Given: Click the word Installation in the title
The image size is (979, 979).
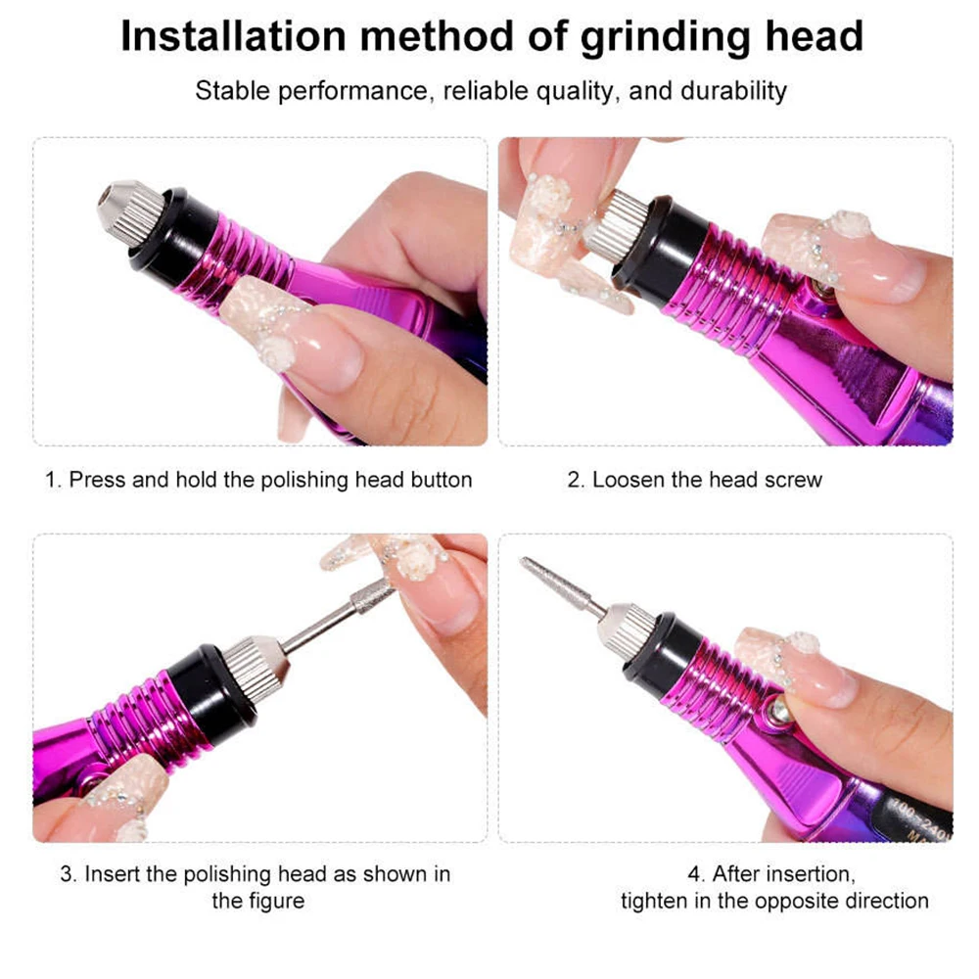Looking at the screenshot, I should pyautogui.click(x=232, y=36).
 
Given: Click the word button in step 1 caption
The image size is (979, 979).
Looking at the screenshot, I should pyautogui.click(x=439, y=480).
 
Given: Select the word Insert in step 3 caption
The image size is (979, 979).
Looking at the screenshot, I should pyautogui.click(x=113, y=873).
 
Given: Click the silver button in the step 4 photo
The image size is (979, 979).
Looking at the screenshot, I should pyautogui.click(x=780, y=710).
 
